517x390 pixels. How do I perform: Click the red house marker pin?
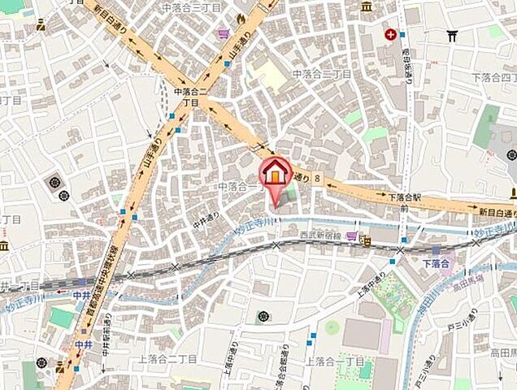click(x=275, y=173)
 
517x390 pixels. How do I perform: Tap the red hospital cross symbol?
click(x=392, y=34)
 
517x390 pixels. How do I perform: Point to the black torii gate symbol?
click(x=452, y=35)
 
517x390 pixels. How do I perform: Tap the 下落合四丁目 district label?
click(x=494, y=77)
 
